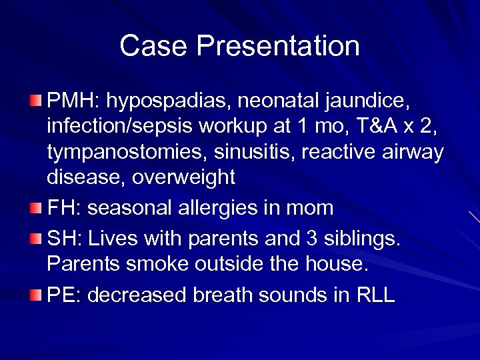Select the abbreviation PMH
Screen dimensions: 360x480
[70, 103]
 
